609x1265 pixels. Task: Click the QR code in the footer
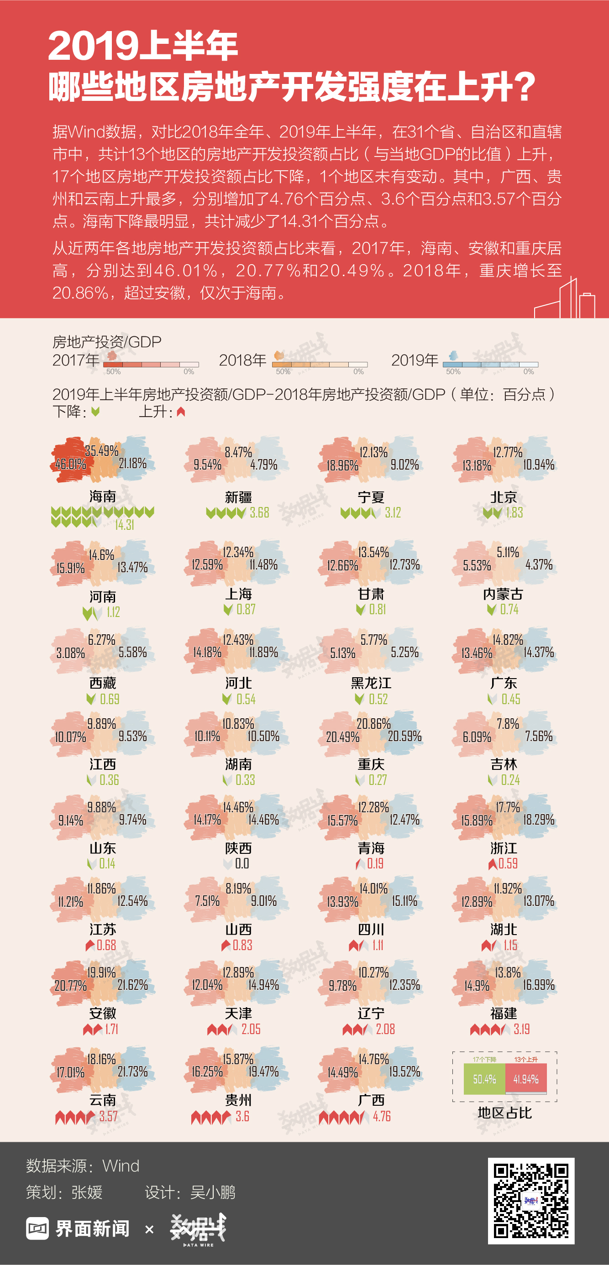click(x=531, y=1201)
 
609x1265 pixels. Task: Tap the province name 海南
click(x=103, y=497)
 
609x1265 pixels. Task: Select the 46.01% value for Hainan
click(x=70, y=464)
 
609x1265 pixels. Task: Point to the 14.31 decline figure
click(x=124, y=525)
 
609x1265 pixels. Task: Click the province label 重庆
click(x=371, y=764)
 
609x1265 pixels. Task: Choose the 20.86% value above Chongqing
click(x=373, y=724)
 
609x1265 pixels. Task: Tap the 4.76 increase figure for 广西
click(x=382, y=1116)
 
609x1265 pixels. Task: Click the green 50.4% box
click(x=484, y=1079)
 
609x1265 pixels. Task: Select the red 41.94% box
click(x=526, y=1079)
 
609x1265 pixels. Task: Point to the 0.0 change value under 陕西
click(x=241, y=863)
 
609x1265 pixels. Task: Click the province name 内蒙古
click(x=503, y=594)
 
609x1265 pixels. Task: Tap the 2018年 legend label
click(x=242, y=361)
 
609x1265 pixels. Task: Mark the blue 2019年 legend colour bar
click(x=490, y=364)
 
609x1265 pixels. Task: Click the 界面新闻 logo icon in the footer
click(x=37, y=1228)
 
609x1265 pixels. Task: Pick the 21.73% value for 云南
click(x=132, y=1072)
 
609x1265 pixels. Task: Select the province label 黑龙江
click(x=371, y=683)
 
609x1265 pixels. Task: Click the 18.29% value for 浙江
click(x=538, y=820)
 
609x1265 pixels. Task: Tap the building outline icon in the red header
click(x=565, y=298)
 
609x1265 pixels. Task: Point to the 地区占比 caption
click(x=504, y=1113)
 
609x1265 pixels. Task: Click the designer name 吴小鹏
click(x=213, y=1192)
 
